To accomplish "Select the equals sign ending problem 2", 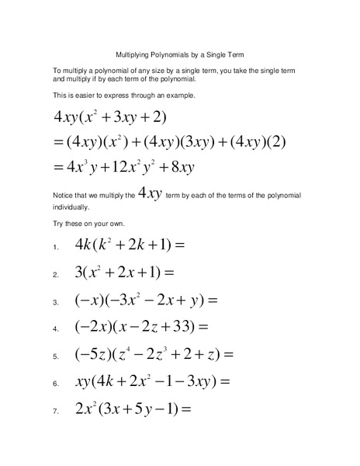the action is point(169,273).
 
